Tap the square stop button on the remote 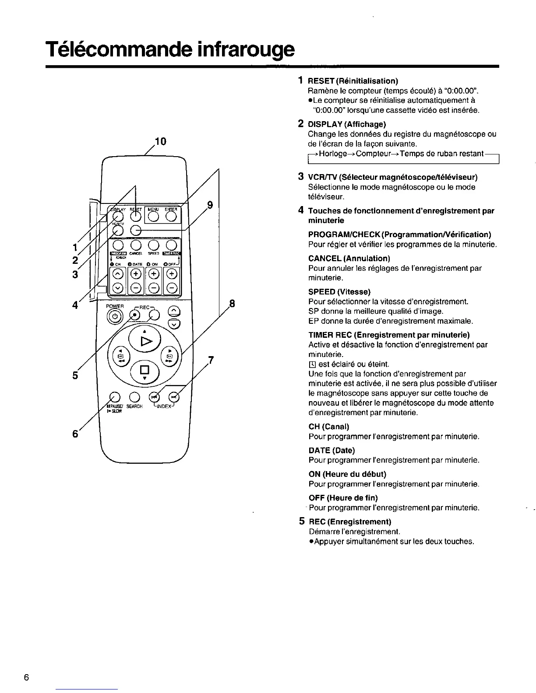point(143,371)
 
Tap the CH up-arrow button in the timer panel point(118,274)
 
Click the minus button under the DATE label point(136,287)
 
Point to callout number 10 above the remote point(160,141)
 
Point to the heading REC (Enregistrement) point(350,522)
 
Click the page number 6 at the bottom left point(27,678)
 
